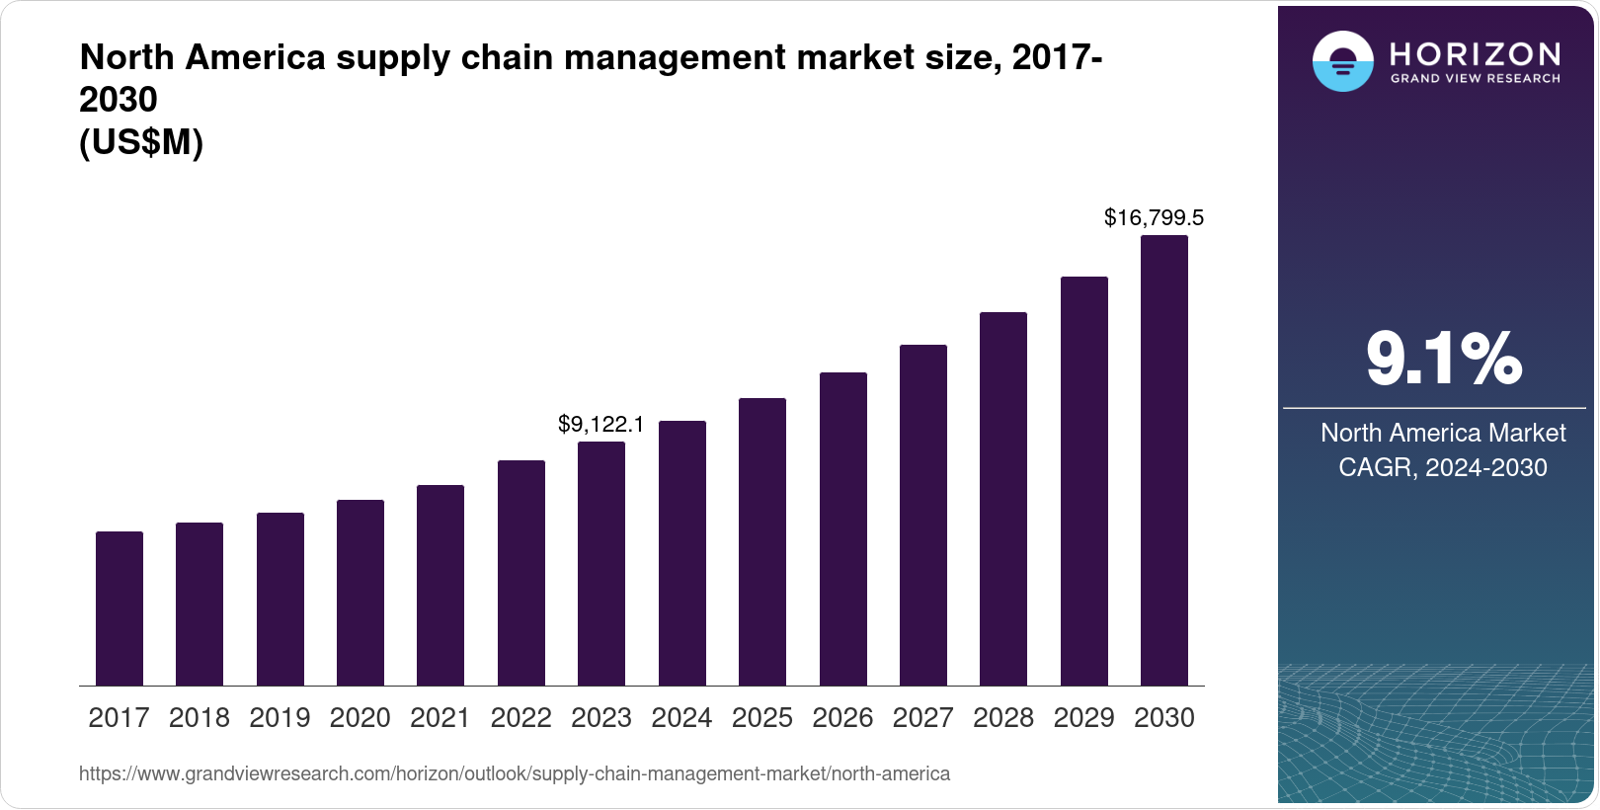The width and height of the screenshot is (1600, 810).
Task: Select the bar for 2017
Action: [120, 608]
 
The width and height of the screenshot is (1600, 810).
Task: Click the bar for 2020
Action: [360, 593]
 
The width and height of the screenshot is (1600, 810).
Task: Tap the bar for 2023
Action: [601, 563]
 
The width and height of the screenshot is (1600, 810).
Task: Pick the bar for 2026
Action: [843, 528]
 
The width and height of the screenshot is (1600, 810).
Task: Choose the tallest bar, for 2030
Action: [1164, 460]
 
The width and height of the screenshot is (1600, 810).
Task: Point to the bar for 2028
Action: [1003, 499]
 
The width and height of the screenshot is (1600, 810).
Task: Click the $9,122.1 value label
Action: [600, 425]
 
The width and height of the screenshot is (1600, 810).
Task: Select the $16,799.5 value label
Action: [1154, 217]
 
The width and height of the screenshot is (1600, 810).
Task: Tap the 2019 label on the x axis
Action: [280, 718]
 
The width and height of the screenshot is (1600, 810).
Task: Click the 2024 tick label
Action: [681, 718]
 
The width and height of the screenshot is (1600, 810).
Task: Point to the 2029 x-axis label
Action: [1083, 718]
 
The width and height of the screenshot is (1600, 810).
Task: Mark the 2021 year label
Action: [440, 718]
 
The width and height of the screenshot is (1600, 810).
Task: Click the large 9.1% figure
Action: [1443, 359]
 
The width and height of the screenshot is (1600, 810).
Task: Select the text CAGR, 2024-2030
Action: [1442, 467]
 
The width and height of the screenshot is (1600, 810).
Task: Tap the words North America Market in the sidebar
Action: [1443, 433]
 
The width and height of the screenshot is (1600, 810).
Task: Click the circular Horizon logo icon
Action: [1342, 61]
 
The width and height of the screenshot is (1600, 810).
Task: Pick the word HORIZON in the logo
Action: [1476, 53]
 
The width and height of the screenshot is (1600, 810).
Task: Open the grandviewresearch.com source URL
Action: [514, 773]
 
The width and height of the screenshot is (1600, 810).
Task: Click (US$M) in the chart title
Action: [141, 143]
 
